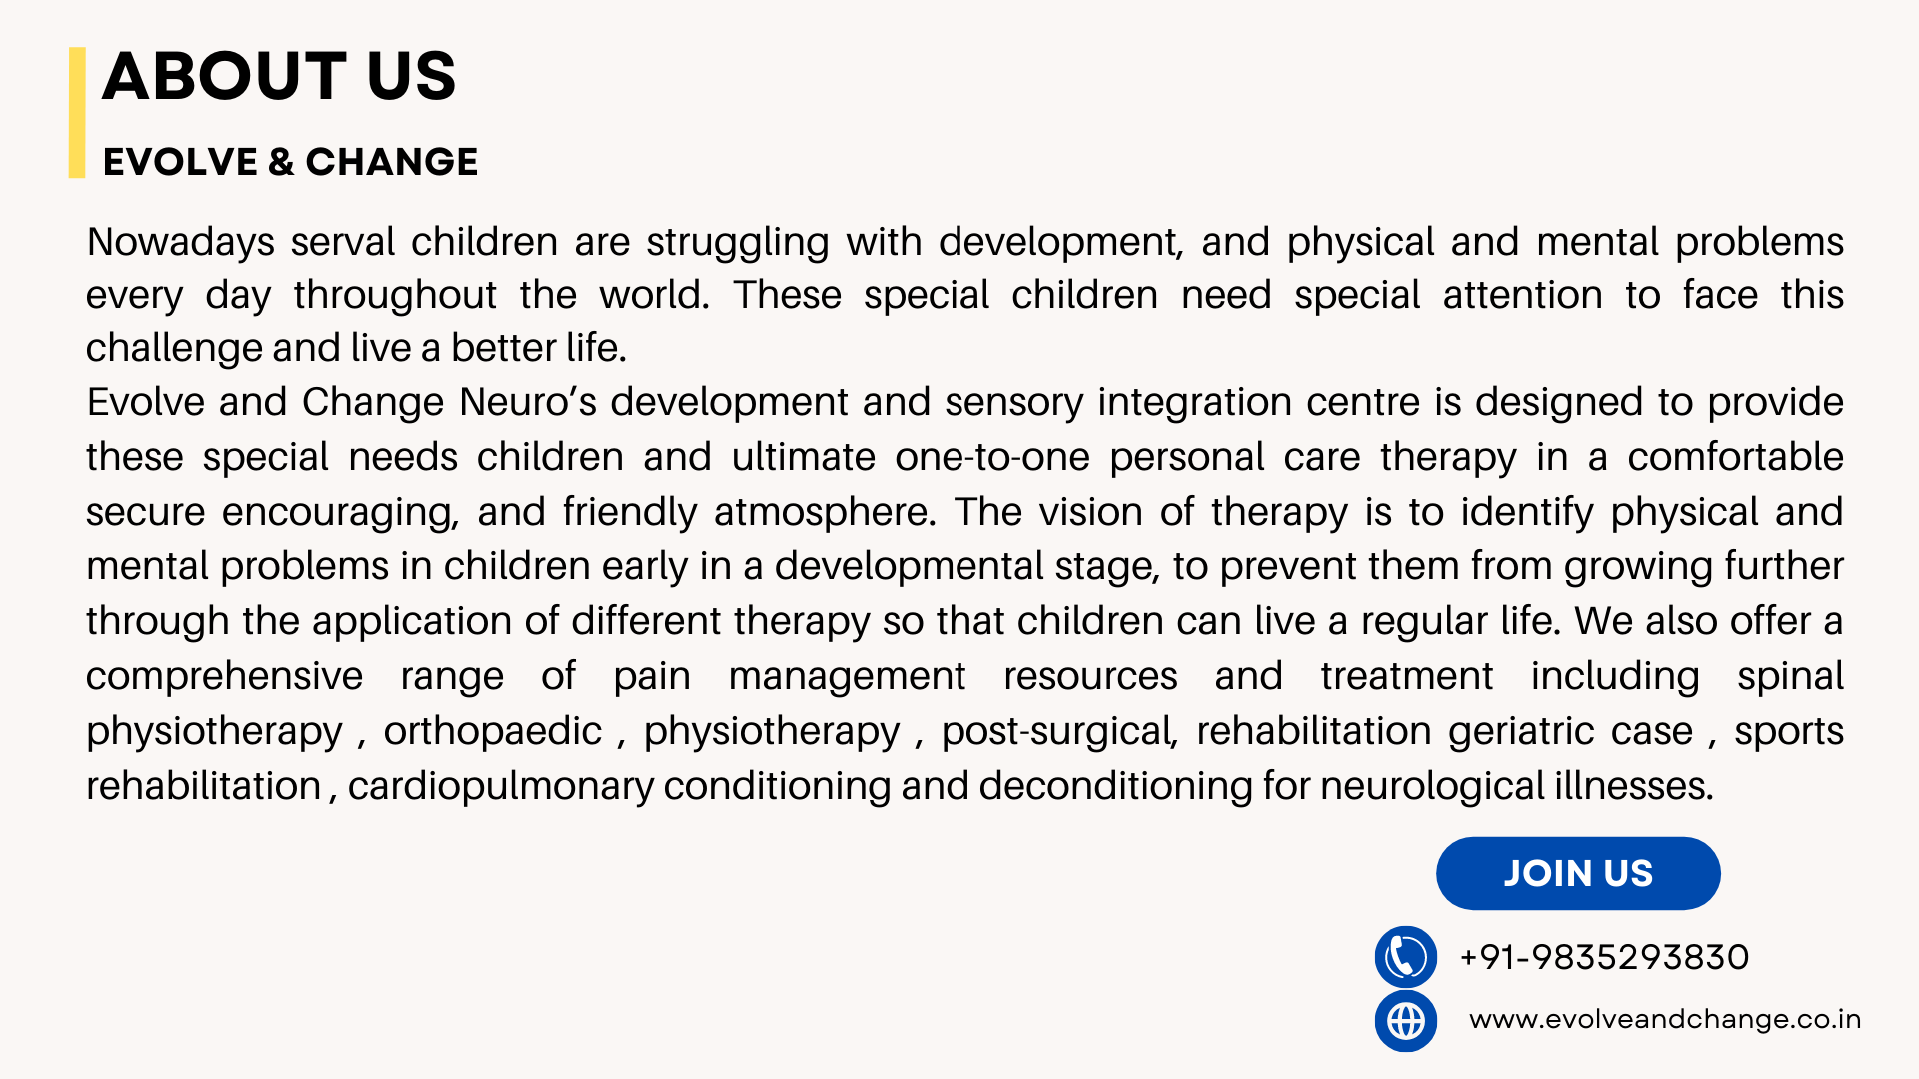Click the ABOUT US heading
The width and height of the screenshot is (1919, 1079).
279,76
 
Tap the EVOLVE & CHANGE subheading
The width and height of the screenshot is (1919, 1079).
290,162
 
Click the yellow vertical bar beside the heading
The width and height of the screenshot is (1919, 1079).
77,112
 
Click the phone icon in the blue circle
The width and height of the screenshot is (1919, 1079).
1406,957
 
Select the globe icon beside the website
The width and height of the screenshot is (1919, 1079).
1406,1021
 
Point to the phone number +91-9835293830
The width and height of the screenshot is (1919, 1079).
1604,957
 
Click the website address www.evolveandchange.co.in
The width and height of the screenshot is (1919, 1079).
1665,1019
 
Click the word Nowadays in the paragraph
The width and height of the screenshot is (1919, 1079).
181,243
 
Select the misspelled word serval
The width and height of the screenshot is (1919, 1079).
342,242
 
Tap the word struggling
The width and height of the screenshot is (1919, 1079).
738,243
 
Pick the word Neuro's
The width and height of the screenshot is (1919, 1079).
528,402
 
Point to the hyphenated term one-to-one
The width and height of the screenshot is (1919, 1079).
992,458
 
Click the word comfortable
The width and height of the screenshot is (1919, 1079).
1735,457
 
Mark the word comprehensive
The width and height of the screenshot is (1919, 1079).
224,677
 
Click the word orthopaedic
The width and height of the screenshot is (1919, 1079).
493,731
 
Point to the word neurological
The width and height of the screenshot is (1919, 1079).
1432,787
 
